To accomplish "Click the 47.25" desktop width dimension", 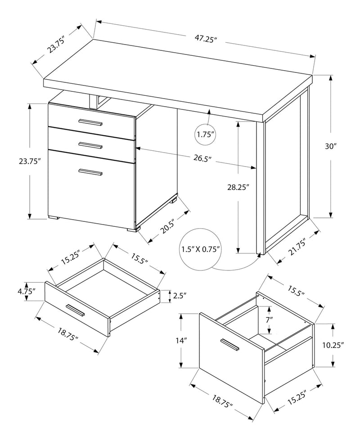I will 207,39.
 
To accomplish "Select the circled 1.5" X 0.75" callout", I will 200,249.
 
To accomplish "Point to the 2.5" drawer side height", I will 180,296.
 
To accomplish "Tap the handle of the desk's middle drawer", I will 90,145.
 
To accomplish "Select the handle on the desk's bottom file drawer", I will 90,171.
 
